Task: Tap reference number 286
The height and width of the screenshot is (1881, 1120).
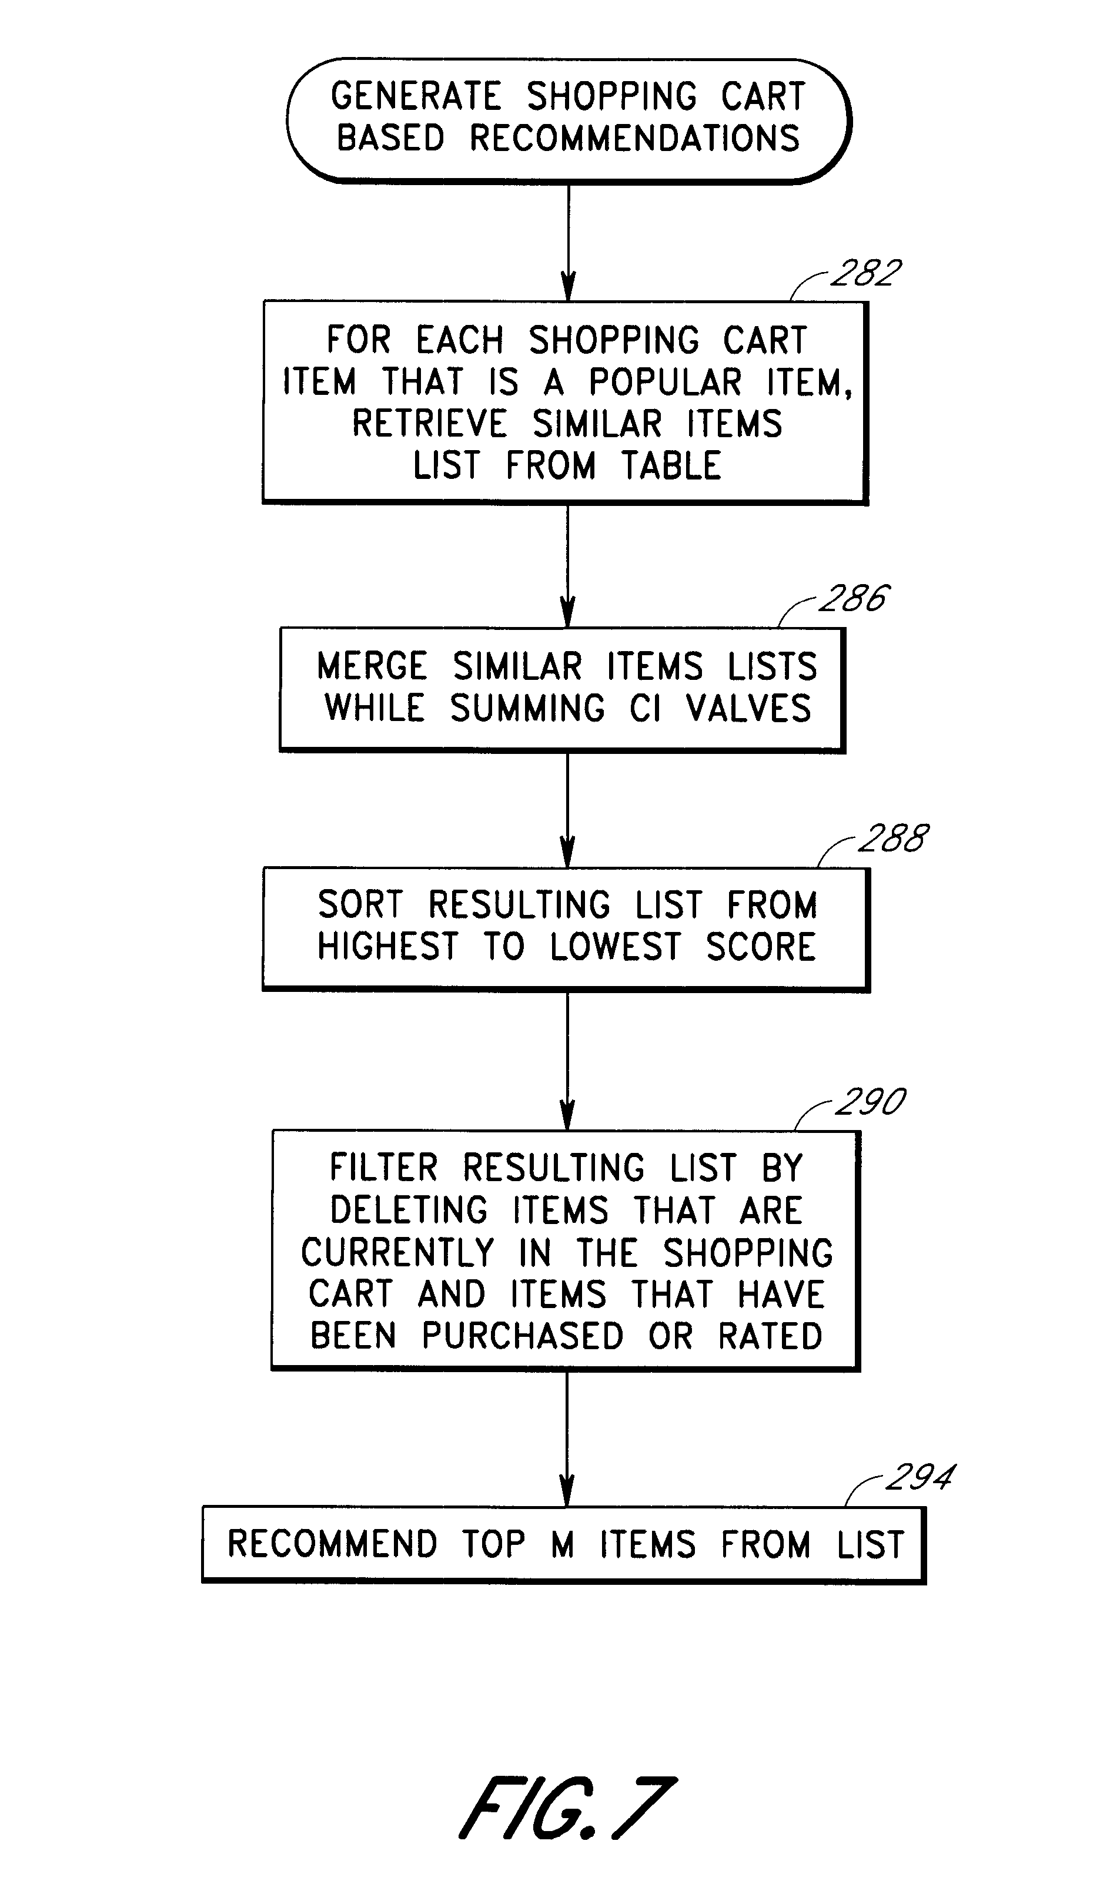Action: click(854, 599)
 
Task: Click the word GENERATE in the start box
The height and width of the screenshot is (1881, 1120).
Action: click(416, 96)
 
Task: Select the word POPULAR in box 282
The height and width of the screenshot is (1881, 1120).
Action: click(665, 383)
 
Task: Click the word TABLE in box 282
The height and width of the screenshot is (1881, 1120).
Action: click(671, 465)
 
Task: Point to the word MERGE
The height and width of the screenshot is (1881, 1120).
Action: click(372, 667)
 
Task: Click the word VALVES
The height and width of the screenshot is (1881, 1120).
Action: click(748, 709)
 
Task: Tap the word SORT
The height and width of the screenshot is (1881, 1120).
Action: click(360, 905)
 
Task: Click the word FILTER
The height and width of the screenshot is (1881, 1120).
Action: click(383, 1168)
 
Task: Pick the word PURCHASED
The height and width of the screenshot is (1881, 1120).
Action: click(522, 1336)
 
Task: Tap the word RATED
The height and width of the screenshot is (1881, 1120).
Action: click(770, 1336)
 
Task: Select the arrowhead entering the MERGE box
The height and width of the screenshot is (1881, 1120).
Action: click(569, 612)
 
